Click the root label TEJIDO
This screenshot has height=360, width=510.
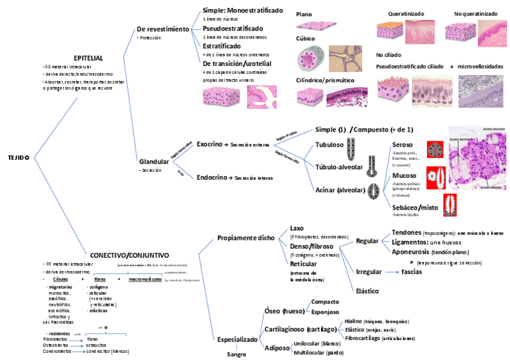tap(18, 157)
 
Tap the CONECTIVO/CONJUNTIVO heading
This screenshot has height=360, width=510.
tap(129, 255)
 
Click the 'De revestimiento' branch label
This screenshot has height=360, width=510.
tap(163, 29)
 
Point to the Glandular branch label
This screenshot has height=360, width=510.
tap(154, 162)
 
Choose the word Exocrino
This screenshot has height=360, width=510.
tap(210, 144)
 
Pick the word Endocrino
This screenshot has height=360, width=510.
tap(212, 177)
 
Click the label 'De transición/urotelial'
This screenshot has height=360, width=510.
tap(237, 63)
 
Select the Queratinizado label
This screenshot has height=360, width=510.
tap(406, 14)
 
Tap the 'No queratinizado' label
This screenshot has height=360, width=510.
tap(476, 14)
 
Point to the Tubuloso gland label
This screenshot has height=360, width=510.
tap(330, 145)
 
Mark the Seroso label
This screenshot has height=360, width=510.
tap(402, 145)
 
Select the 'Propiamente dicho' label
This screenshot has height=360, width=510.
tap(245, 238)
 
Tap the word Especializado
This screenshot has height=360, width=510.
tap(238, 339)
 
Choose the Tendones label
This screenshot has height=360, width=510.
tap(405, 232)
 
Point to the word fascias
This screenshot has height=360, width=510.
tap(411, 272)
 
